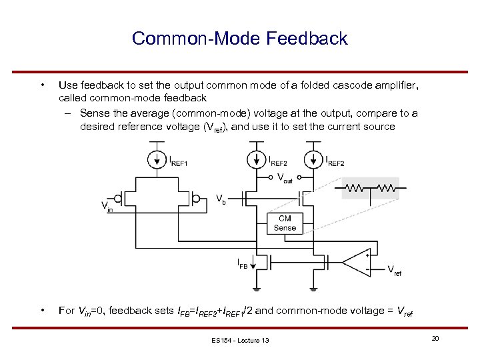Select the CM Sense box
[285, 223]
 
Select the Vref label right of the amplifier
[395, 271]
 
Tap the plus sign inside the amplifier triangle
[366, 255]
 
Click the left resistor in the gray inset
[357, 189]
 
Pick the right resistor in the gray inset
[385, 189]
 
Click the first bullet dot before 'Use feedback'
[42, 85]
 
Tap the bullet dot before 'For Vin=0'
[42, 310]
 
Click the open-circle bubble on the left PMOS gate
[118, 198]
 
